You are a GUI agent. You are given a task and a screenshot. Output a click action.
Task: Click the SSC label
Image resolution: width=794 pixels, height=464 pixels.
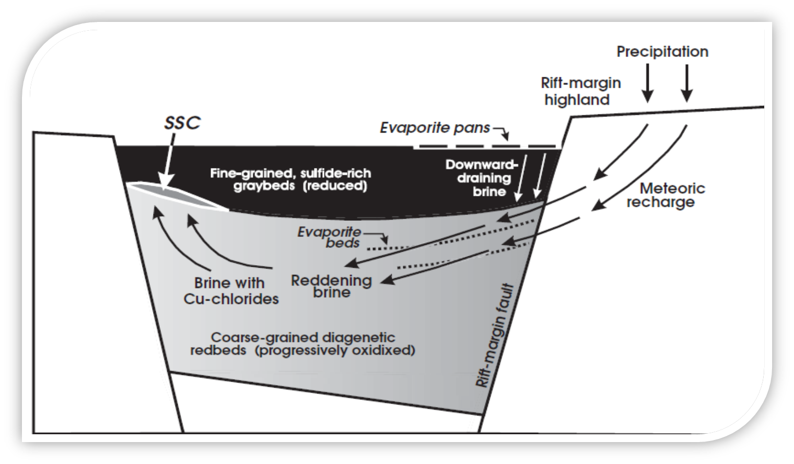tap(182, 123)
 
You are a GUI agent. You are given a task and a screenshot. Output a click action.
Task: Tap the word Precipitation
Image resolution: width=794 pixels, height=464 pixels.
tap(662, 52)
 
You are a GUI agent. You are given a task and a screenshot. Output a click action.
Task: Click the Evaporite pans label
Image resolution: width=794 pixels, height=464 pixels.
tap(435, 128)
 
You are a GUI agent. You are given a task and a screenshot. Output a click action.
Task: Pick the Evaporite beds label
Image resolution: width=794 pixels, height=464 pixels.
tap(329, 237)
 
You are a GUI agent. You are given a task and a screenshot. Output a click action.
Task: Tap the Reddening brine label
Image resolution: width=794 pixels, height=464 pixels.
tap(331, 285)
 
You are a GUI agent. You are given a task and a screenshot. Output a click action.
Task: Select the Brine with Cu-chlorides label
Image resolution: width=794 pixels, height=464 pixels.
tap(229, 291)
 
